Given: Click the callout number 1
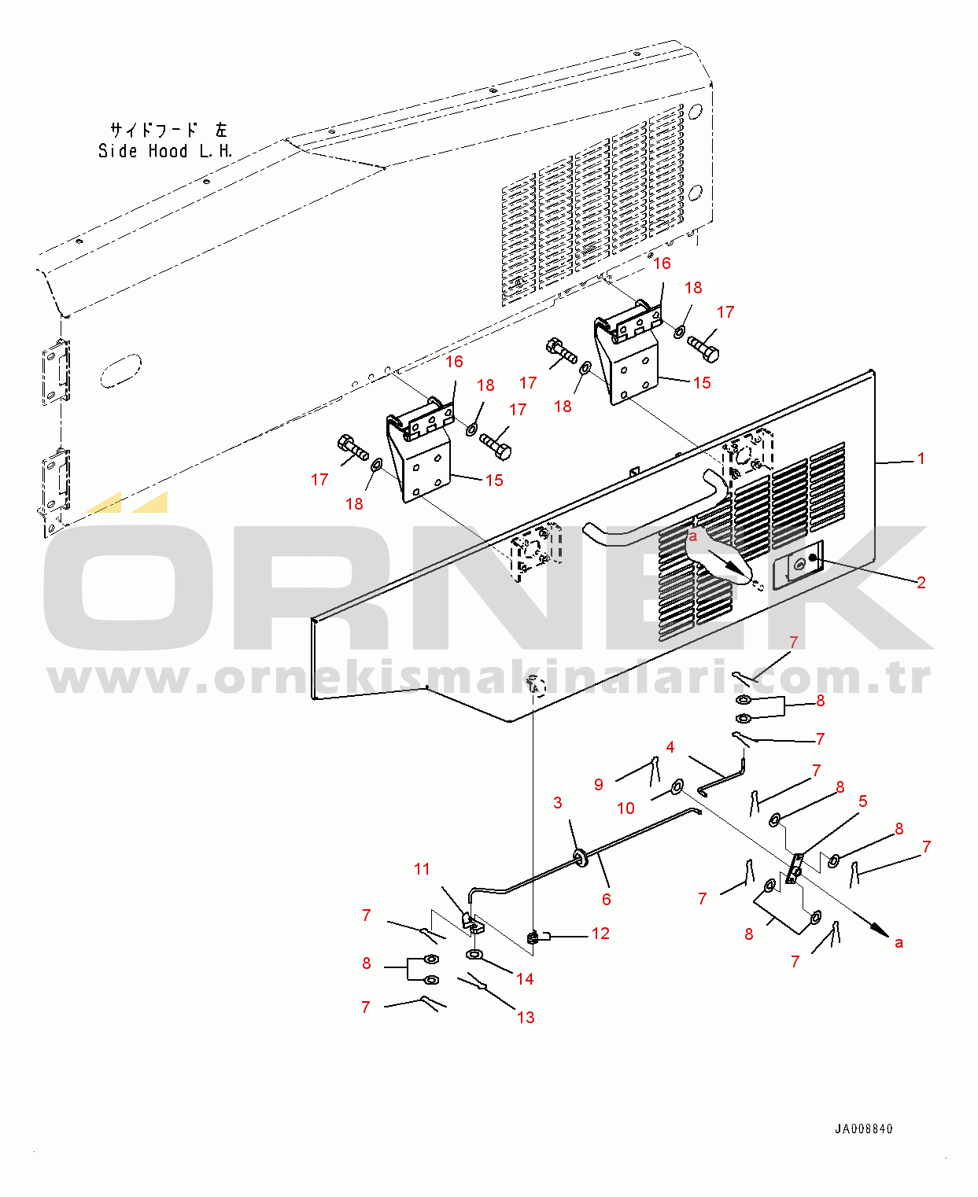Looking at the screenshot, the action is click(x=921, y=458).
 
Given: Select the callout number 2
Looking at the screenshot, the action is click(x=921, y=582).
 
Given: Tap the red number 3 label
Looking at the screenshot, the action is click(x=558, y=802).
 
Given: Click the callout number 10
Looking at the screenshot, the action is click(x=626, y=808).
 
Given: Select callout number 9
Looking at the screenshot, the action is click(x=599, y=784).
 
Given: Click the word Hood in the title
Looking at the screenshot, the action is click(x=168, y=151).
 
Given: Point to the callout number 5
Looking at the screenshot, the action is click(x=862, y=801).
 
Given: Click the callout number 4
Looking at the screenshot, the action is click(x=670, y=747).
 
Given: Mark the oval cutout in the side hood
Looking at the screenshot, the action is click(x=121, y=370).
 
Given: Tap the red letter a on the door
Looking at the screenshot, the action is click(x=692, y=536).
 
